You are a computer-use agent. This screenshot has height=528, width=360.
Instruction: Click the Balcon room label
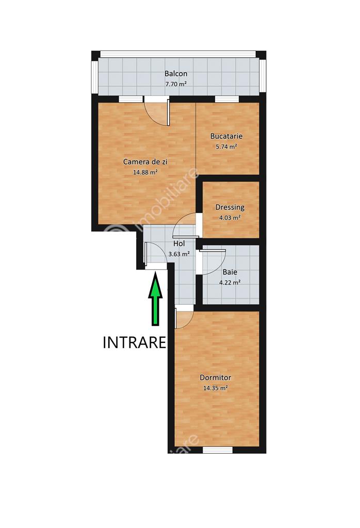click(176, 73)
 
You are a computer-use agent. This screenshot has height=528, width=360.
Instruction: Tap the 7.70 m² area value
click(176, 84)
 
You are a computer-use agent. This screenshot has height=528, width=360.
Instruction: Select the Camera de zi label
click(145, 161)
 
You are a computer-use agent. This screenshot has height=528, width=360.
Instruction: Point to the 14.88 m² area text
click(145, 172)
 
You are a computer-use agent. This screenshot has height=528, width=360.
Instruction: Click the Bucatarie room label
click(226, 136)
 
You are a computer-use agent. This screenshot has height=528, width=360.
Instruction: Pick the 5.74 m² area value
click(226, 146)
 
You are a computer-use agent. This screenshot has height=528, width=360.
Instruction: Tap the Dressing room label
click(230, 207)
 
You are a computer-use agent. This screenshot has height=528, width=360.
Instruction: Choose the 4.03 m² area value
click(230, 218)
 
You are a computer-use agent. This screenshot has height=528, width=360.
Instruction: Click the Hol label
click(179, 243)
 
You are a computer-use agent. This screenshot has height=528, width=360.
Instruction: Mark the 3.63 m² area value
click(179, 254)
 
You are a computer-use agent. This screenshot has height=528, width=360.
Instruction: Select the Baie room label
click(230, 272)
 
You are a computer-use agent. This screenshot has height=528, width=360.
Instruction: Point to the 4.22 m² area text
click(230, 283)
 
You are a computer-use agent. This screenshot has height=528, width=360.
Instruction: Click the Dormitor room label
click(215, 377)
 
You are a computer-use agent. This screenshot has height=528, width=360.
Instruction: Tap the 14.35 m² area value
click(215, 388)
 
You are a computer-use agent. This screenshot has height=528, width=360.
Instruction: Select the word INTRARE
click(135, 342)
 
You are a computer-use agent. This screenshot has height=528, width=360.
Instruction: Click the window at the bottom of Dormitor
click(218, 450)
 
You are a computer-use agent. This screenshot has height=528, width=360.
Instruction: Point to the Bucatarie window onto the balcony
click(226, 99)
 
